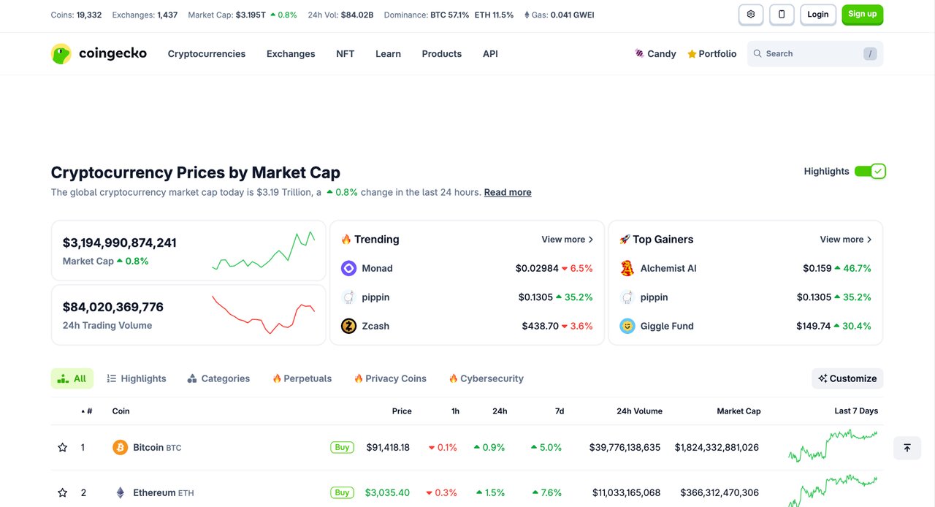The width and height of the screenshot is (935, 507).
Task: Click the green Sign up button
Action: tap(862, 15)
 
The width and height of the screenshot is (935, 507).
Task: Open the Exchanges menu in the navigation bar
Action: tap(291, 54)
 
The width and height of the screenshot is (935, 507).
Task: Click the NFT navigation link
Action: tap(345, 54)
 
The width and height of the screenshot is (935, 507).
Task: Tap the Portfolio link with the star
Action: tap(711, 54)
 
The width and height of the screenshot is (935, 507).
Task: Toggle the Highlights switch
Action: tap(869, 172)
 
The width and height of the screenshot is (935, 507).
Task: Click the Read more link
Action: tap(508, 193)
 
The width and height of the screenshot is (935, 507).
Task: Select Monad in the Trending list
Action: tap(377, 269)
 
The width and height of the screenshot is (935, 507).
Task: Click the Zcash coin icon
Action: tap(348, 327)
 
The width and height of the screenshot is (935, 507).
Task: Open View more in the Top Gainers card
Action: tap(845, 240)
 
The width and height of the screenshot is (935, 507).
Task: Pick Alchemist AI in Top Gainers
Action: tap(668, 269)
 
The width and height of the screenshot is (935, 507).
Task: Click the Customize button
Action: tap(847, 379)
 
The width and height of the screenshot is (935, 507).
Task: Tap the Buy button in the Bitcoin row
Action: tap(342, 448)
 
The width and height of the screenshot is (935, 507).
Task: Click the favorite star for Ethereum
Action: tap(63, 493)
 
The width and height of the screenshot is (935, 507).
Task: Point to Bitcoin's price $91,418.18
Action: tap(388, 448)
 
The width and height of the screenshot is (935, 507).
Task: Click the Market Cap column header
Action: tap(739, 411)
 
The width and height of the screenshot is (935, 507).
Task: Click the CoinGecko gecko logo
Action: tap(61, 54)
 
